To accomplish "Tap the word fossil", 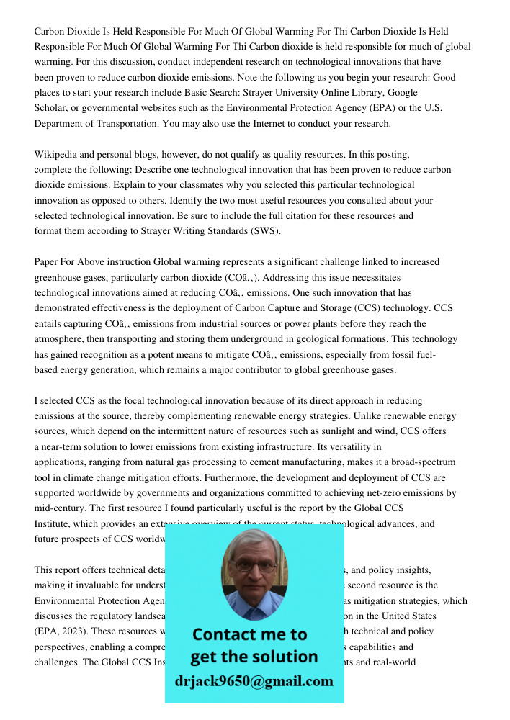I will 405,354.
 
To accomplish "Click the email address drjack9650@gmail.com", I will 254,681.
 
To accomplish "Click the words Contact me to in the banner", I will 249,635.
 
